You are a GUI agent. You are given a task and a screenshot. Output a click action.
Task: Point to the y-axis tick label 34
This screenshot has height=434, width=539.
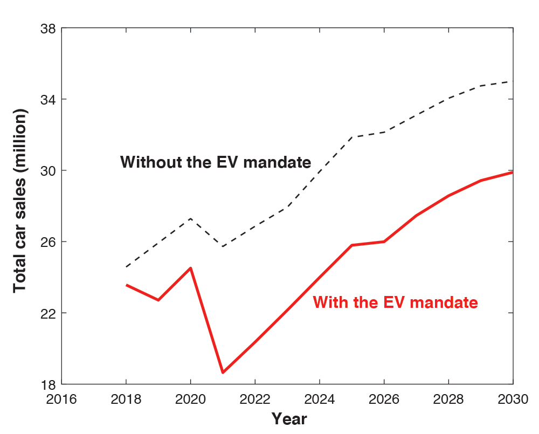(48, 99)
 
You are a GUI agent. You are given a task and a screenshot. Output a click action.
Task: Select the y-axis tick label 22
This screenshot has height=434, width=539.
(48, 313)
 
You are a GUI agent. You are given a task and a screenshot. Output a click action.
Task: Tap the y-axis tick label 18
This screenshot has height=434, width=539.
(48, 384)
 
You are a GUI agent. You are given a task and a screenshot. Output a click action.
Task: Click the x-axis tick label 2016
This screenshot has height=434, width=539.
(61, 399)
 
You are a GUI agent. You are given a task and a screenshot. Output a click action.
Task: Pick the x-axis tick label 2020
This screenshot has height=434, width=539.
(190, 399)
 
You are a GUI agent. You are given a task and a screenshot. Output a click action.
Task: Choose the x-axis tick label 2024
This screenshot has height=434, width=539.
(320, 399)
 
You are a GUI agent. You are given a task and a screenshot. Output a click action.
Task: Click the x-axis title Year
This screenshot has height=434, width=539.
(289, 418)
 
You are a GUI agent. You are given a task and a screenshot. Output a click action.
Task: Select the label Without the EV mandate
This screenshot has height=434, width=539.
(216, 162)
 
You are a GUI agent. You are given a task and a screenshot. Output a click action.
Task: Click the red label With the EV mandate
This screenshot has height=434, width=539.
(395, 302)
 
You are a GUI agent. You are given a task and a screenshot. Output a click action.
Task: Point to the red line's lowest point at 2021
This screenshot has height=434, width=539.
(223, 373)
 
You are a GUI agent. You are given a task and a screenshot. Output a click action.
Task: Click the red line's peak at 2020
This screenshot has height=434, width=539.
(190, 268)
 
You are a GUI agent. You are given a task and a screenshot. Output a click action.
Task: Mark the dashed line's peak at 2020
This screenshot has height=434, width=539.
(190, 218)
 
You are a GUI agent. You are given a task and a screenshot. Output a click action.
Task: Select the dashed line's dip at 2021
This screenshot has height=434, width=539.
(223, 246)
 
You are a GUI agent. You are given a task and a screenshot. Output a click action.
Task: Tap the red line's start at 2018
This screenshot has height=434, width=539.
(126, 285)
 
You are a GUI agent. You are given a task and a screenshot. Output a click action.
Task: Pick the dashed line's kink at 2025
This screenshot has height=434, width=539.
(352, 137)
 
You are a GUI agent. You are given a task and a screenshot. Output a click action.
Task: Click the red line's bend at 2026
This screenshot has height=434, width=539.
(384, 242)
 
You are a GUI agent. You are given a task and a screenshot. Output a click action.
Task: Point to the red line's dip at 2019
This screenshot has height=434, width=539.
(158, 300)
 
